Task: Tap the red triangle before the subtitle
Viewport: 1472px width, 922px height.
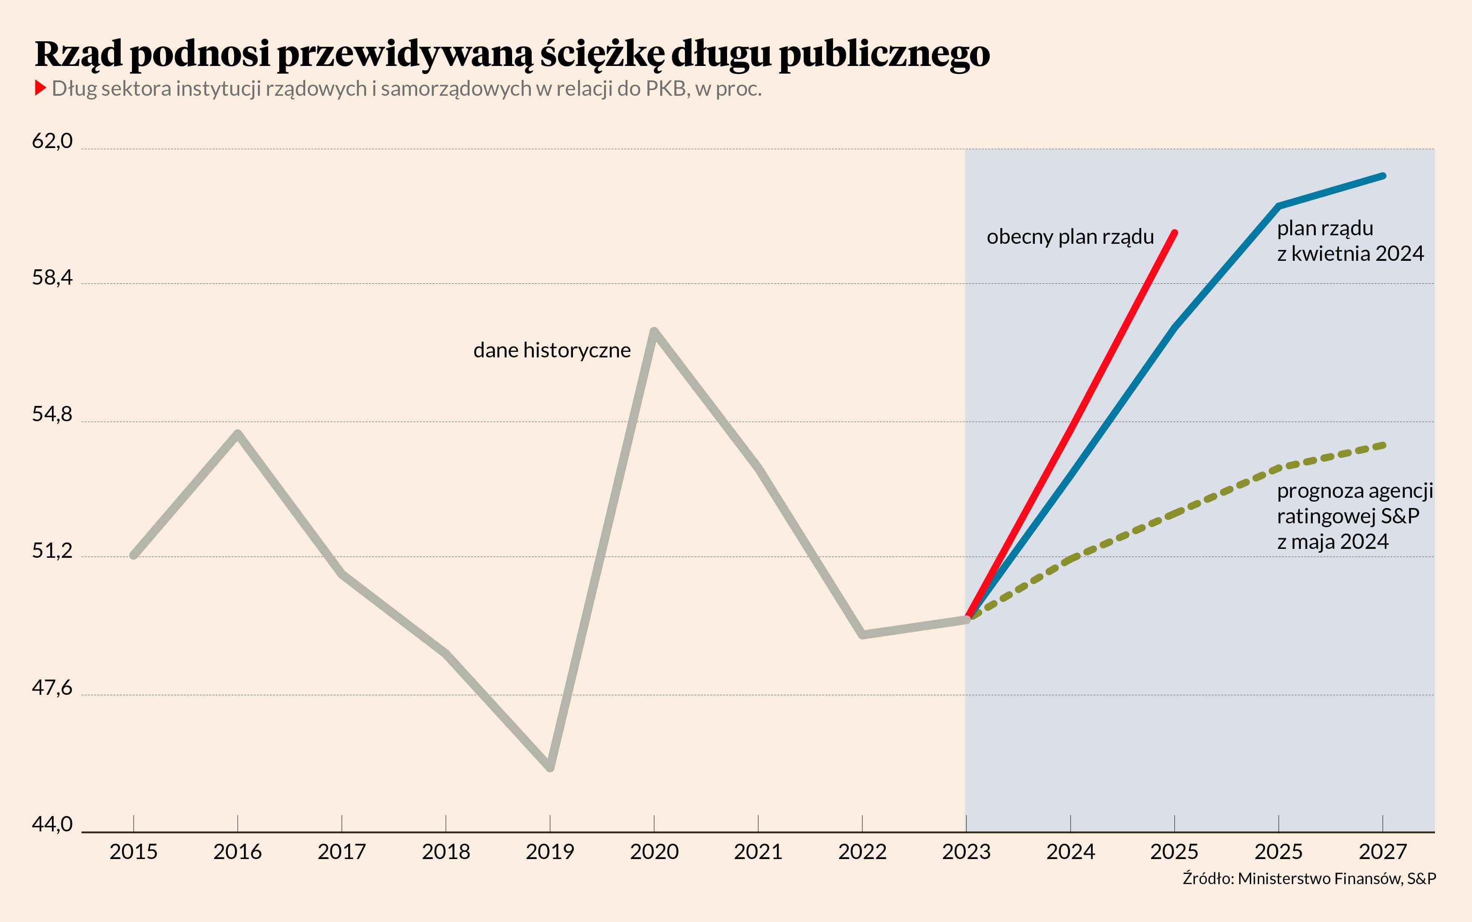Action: [x=41, y=88]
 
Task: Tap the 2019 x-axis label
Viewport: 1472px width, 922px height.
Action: [x=550, y=851]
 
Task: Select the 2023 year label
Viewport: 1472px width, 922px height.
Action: [x=966, y=851]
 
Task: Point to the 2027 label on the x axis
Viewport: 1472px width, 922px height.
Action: [x=1382, y=851]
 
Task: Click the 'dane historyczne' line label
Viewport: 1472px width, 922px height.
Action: [x=552, y=350]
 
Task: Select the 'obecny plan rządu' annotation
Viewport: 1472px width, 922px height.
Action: [x=1070, y=237]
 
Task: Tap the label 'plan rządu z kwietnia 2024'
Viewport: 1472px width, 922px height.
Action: [x=1350, y=241]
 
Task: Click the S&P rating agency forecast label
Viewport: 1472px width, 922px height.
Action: [x=1354, y=516]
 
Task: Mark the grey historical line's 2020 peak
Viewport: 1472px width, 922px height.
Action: [x=654, y=332]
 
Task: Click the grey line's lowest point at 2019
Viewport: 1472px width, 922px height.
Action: [x=550, y=767]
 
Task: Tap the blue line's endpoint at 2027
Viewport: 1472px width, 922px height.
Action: [x=1382, y=176]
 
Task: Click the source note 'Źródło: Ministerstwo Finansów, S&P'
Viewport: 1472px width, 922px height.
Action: [x=1309, y=878]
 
